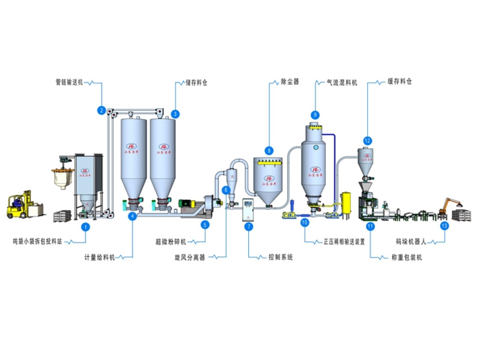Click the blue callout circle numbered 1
click(85, 227)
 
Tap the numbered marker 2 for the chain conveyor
click(102, 110)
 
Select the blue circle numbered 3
click(175, 113)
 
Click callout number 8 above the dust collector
click(269, 151)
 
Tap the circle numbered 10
click(305, 223)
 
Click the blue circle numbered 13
click(444, 226)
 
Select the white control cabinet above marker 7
click(248, 208)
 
